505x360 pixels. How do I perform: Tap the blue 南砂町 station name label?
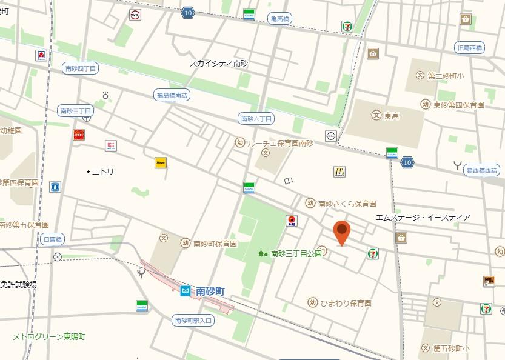coord(210,292)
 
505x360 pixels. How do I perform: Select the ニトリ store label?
coord(102,172)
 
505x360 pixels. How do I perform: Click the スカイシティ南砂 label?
coord(218,63)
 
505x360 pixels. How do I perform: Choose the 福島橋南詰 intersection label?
coord(172,95)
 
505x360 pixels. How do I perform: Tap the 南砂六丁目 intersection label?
coord(256,118)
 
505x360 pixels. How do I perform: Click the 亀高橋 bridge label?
coord(279,19)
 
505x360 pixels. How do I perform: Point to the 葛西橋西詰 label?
coord(481,172)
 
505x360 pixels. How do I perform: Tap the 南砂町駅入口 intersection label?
coord(193,320)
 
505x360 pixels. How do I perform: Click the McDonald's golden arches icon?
coord(339,172)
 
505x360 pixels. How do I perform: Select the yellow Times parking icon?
coord(161,163)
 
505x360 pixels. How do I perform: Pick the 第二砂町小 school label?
coord(446,76)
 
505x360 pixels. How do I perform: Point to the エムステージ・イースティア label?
coord(423,217)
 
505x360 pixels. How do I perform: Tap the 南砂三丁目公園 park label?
coord(296,253)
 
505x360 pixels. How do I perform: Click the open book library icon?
coord(289,181)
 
